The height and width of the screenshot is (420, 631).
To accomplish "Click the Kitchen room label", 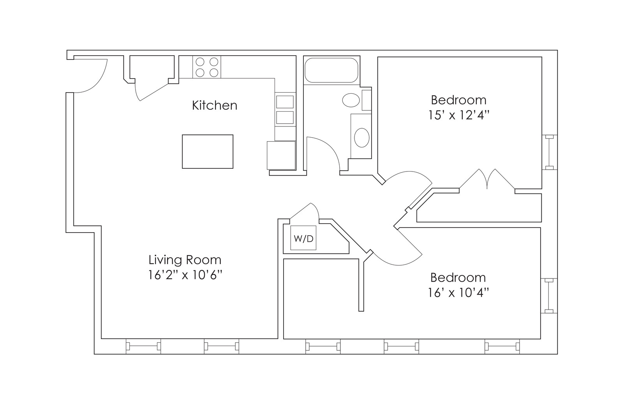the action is [215, 105].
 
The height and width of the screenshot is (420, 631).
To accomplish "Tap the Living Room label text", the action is [185, 260].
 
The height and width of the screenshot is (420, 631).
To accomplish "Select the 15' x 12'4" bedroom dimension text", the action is [458, 115].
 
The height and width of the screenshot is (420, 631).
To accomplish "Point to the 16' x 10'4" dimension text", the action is [458, 292].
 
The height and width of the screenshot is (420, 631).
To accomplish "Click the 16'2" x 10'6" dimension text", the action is [185, 275].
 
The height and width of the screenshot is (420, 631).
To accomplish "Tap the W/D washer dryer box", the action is [303, 238].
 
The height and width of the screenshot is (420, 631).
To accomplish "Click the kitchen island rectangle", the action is [208, 152].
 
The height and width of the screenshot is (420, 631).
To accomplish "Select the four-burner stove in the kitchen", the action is [207, 67].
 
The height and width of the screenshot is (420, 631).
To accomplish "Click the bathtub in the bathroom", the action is [331, 70].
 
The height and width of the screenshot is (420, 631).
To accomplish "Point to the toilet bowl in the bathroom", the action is [351, 100].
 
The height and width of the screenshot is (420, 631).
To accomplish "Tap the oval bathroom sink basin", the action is [362, 138].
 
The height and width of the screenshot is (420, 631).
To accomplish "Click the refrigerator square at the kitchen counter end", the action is [281, 155].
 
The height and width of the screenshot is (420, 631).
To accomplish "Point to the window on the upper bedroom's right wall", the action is [550, 152].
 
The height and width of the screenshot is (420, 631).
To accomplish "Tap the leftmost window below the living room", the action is [143, 346].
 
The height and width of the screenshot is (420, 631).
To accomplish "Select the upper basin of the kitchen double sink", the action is [285, 102].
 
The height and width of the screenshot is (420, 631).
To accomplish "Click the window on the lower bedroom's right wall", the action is [549, 296].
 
